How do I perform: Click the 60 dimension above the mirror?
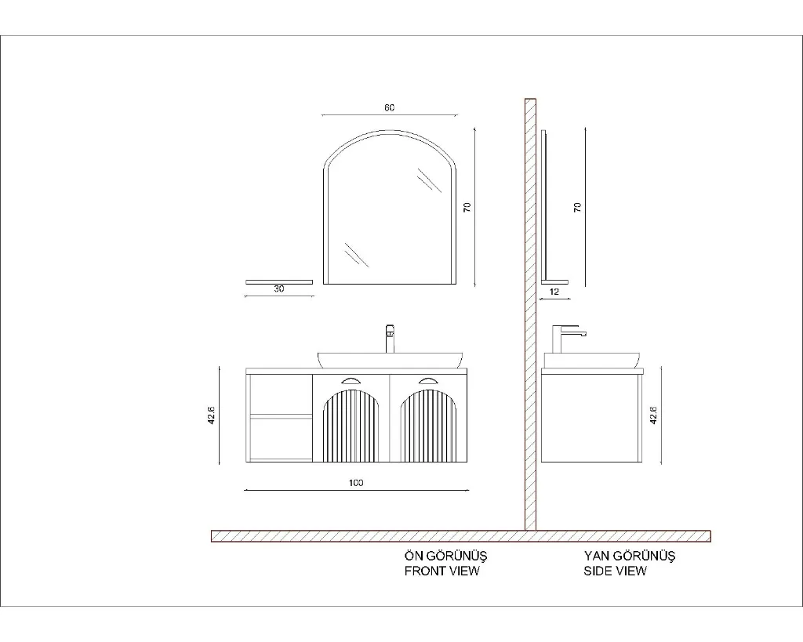(389, 107)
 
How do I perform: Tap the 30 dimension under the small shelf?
(278, 288)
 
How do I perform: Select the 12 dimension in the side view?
(554, 292)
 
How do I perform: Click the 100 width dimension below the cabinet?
(356, 483)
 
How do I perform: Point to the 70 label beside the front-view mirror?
(467, 208)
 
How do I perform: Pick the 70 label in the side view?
(578, 208)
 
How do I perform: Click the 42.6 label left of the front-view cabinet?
(211, 415)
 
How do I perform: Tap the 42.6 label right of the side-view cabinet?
(653, 415)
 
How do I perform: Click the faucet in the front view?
(390, 339)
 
